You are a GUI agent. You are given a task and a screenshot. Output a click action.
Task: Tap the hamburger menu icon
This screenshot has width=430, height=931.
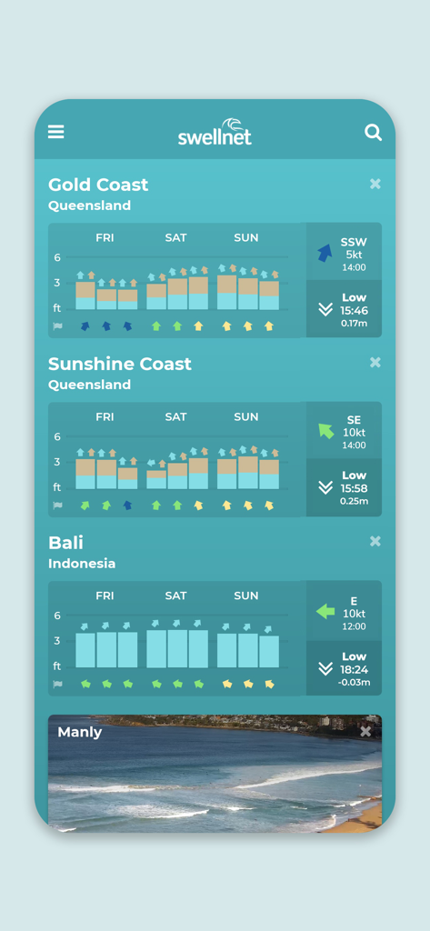pyautogui.click(x=56, y=132)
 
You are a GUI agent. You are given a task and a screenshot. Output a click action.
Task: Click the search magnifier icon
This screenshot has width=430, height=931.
pyautogui.click(x=373, y=133)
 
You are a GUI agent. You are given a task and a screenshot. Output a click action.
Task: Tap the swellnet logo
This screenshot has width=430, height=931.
pyautogui.click(x=215, y=133)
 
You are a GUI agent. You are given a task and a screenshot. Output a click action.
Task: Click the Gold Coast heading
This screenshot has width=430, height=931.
pyautogui.click(x=98, y=185)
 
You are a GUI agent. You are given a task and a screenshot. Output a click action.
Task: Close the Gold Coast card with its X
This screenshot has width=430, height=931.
pyautogui.click(x=375, y=184)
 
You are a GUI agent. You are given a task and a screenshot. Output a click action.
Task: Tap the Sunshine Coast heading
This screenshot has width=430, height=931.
pyautogui.click(x=120, y=364)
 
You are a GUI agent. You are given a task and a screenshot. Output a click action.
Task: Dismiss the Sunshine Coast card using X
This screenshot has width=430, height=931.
pyautogui.click(x=375, y=363)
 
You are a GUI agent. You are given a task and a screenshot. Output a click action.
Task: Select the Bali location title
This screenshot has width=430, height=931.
pyautogui.click(x=65, y=543)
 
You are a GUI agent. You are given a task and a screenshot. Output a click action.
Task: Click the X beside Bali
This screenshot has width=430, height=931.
pyautogui.click(x=375, y=541)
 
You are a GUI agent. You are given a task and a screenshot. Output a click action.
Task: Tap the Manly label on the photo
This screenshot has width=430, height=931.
pyautogui.click(x=80, y=732)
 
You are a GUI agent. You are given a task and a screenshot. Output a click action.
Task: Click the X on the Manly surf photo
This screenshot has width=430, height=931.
pyautogui.click(x=365, y=731)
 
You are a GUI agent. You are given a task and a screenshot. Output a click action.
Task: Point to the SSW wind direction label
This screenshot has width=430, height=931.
pyautogui.click(x=354, y=242)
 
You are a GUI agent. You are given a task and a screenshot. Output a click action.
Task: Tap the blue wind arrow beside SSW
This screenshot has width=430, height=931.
pyautogui.click(x=325, y=253)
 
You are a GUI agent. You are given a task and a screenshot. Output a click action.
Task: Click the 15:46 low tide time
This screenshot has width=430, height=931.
pyautogui.click(x=354, y=310)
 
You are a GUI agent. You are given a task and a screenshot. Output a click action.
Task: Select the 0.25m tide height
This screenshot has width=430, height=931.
pyautogui.click(x=354, y=501)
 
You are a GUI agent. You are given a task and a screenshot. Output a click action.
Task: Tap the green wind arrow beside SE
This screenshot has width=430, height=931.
pyautogui.click(x=325, y=431)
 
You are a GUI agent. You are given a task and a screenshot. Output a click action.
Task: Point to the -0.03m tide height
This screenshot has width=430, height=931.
pyautogui.click(x=354, y=681)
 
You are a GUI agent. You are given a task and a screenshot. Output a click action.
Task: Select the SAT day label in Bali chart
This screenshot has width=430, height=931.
pyautogui.click(x=176, y=596)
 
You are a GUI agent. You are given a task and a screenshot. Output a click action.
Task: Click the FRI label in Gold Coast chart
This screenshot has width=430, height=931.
pyautogui.click(x=105, y=237)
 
